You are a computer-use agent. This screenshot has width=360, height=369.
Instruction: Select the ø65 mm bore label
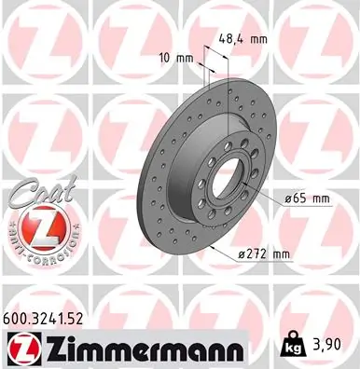coord(306,198)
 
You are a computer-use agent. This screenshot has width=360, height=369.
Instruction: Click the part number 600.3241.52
coord(58,318)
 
